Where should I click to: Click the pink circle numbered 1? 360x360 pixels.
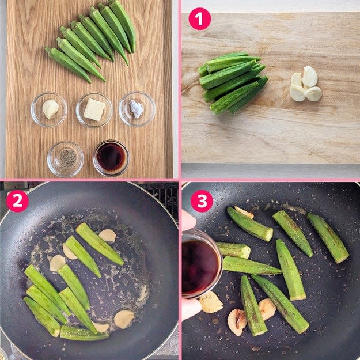199,19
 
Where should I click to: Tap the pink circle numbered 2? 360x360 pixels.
17,201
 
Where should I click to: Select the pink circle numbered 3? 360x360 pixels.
202,201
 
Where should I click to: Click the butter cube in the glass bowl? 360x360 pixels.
94,109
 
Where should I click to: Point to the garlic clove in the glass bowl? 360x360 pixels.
51,109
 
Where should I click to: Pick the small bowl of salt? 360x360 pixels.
137,109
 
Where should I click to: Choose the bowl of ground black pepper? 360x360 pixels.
66,158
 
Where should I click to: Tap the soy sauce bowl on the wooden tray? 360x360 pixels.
111,158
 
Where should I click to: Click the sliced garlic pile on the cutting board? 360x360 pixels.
306,84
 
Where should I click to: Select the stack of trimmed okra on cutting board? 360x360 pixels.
232,82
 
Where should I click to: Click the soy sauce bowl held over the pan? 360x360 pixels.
202,264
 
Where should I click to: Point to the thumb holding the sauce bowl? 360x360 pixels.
188,220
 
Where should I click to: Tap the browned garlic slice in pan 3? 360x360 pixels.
237,322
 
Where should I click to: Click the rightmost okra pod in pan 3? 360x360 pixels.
328,238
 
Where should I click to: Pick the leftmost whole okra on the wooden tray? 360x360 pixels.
67,64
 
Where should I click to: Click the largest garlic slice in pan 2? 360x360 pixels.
124,319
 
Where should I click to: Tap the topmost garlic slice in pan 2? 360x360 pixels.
108,236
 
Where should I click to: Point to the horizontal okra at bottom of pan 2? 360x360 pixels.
84,334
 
